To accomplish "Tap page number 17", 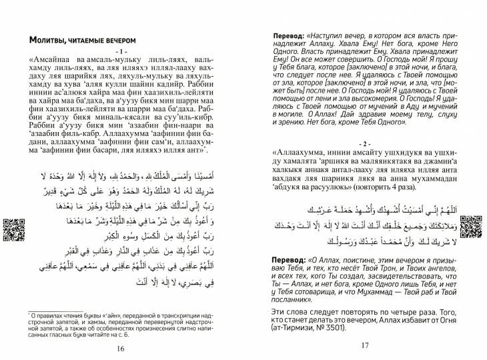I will tap(364, 345).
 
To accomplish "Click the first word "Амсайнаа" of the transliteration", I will tap(55, 59).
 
